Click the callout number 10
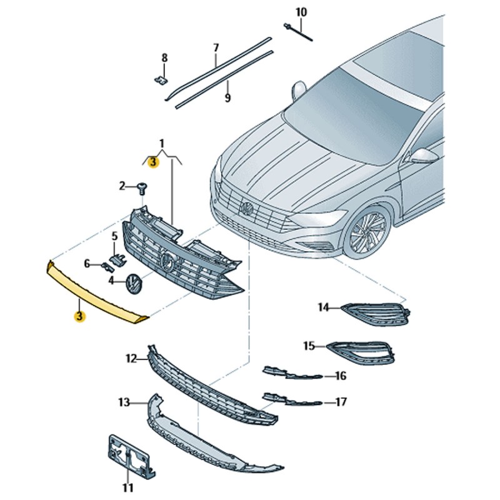pyautogui.click(x=301, y=12)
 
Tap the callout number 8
pyautogui.click(x=165, y=58)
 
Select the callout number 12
pyautogui.click(x=131, y=359)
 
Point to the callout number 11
pyautogui.click(x=127, y=487)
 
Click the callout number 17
pyautogui.click(x=341, y=402)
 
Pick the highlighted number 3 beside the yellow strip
pyautogui.click(x=79, y=316)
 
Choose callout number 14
pyautogui.click(x=323, y=307)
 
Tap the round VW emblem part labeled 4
pyautogui.click(x=133, y=284)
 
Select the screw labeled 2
pyautogui.click(x=142, y=186)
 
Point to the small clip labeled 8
pyautogui.click(x=161, y=80)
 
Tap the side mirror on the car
pyautogui.click(x=422, y=156)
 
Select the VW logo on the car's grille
pyautogui.click(x=247, y=209)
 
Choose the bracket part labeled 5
pyautogui.click(x=116, y=258)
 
